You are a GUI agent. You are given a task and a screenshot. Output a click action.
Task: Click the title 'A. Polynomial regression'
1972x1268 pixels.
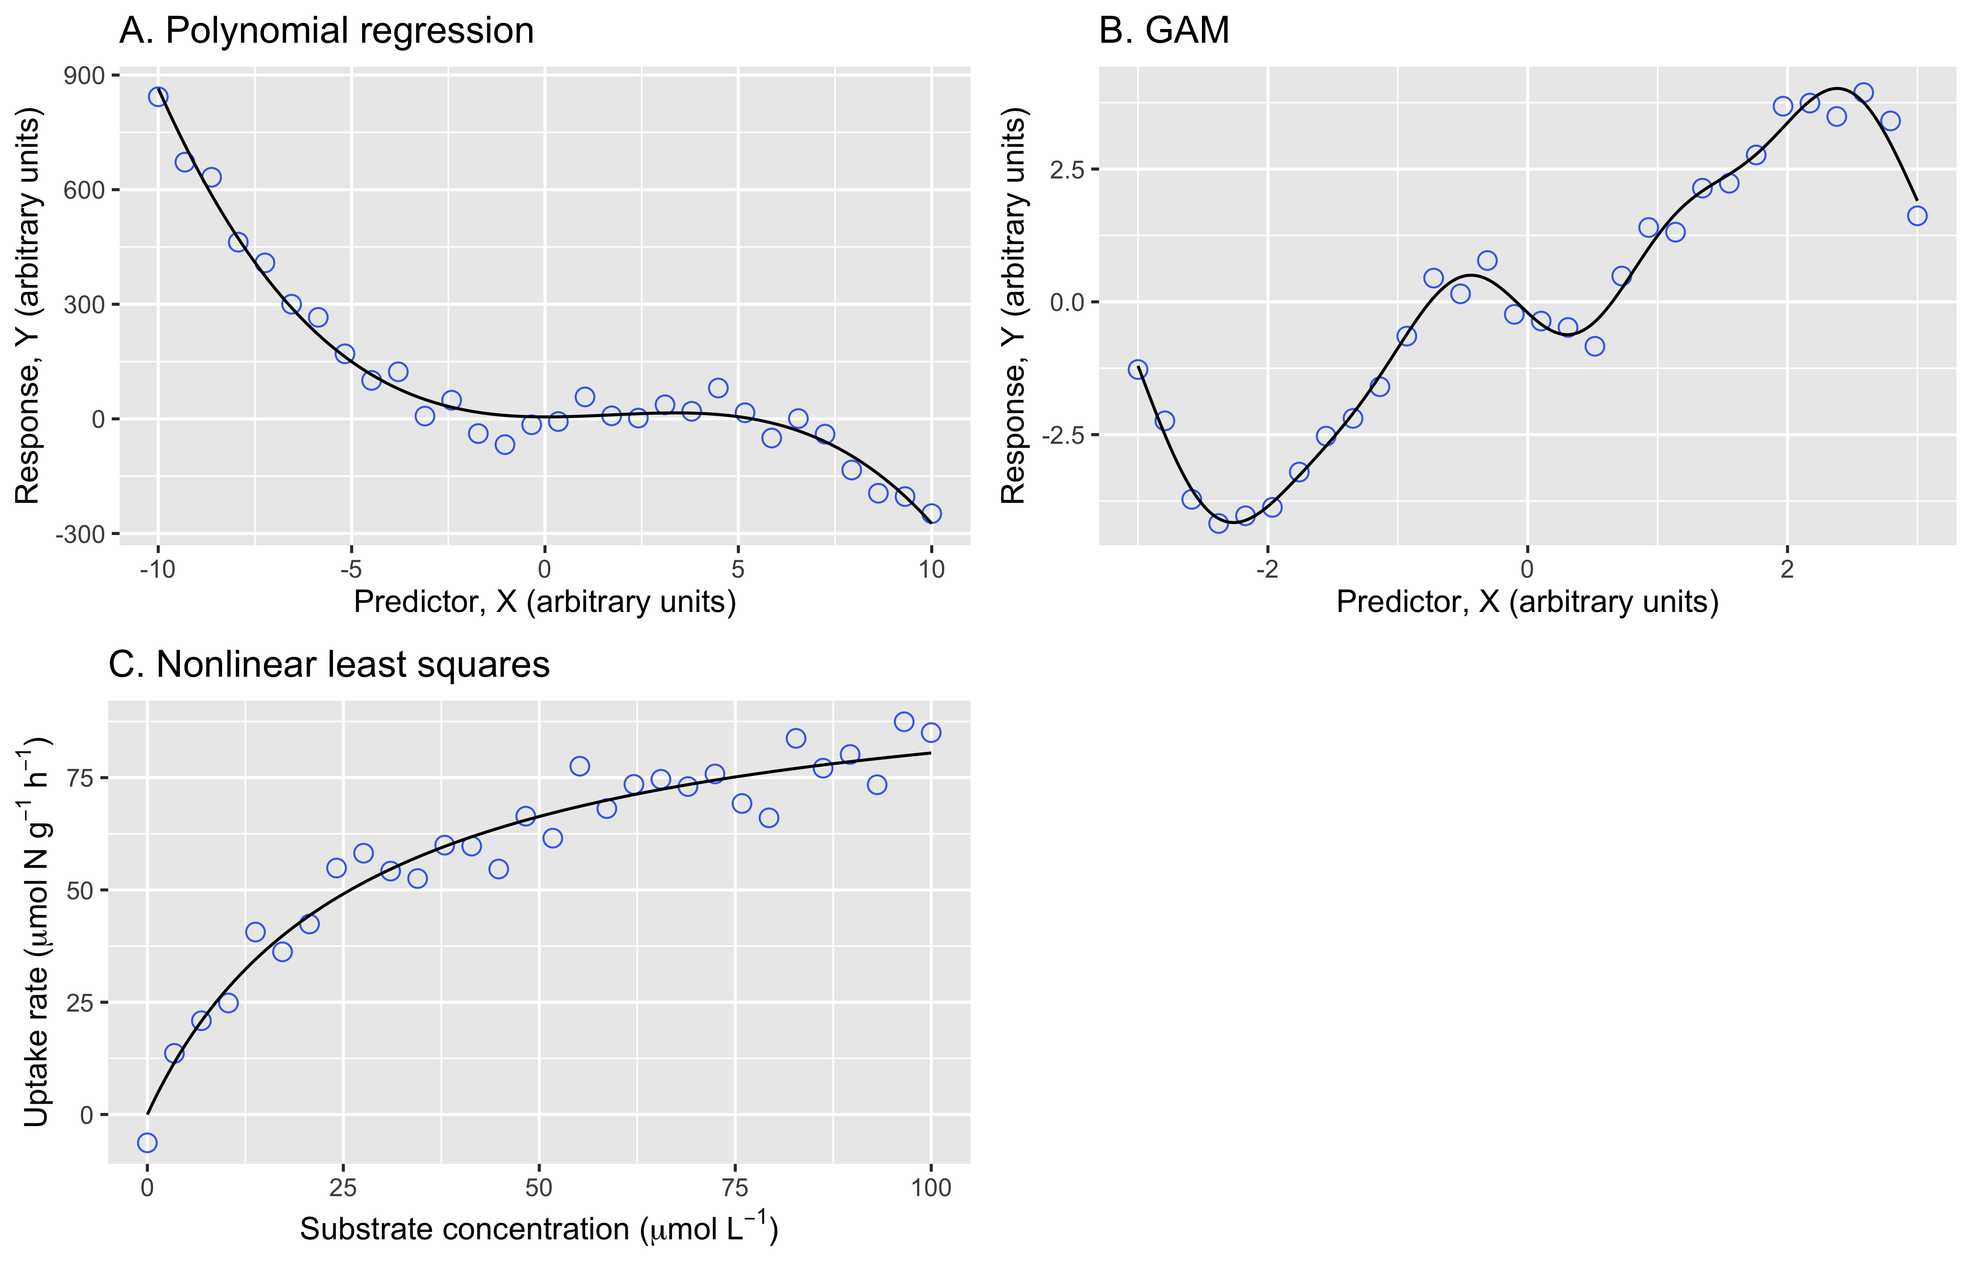click(x=327, y=31)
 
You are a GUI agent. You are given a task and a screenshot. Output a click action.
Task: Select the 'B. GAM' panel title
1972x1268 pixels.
click(x=1164, y=31)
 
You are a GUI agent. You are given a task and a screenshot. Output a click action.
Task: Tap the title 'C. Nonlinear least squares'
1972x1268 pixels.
click(x=329, y=665)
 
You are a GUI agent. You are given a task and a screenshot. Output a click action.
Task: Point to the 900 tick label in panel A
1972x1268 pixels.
click(x=85, y=76)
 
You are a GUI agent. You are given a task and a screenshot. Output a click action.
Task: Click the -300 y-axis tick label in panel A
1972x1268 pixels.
click(x=81, y=534)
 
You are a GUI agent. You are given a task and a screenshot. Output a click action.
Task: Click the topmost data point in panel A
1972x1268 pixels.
click(x=158, y=96)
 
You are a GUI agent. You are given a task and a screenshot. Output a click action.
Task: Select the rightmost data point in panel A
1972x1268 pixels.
click(x=932, y=514)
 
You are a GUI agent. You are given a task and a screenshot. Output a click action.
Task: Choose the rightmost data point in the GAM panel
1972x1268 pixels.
click(x=1917, y=216)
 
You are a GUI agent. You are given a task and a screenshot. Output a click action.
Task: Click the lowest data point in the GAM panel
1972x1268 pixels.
click(x=1218, y=523)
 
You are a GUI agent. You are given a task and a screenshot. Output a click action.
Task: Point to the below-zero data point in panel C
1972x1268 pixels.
click(x=147, y=1143)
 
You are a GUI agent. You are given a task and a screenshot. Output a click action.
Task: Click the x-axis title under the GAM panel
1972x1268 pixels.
click(x=1527, y=602)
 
